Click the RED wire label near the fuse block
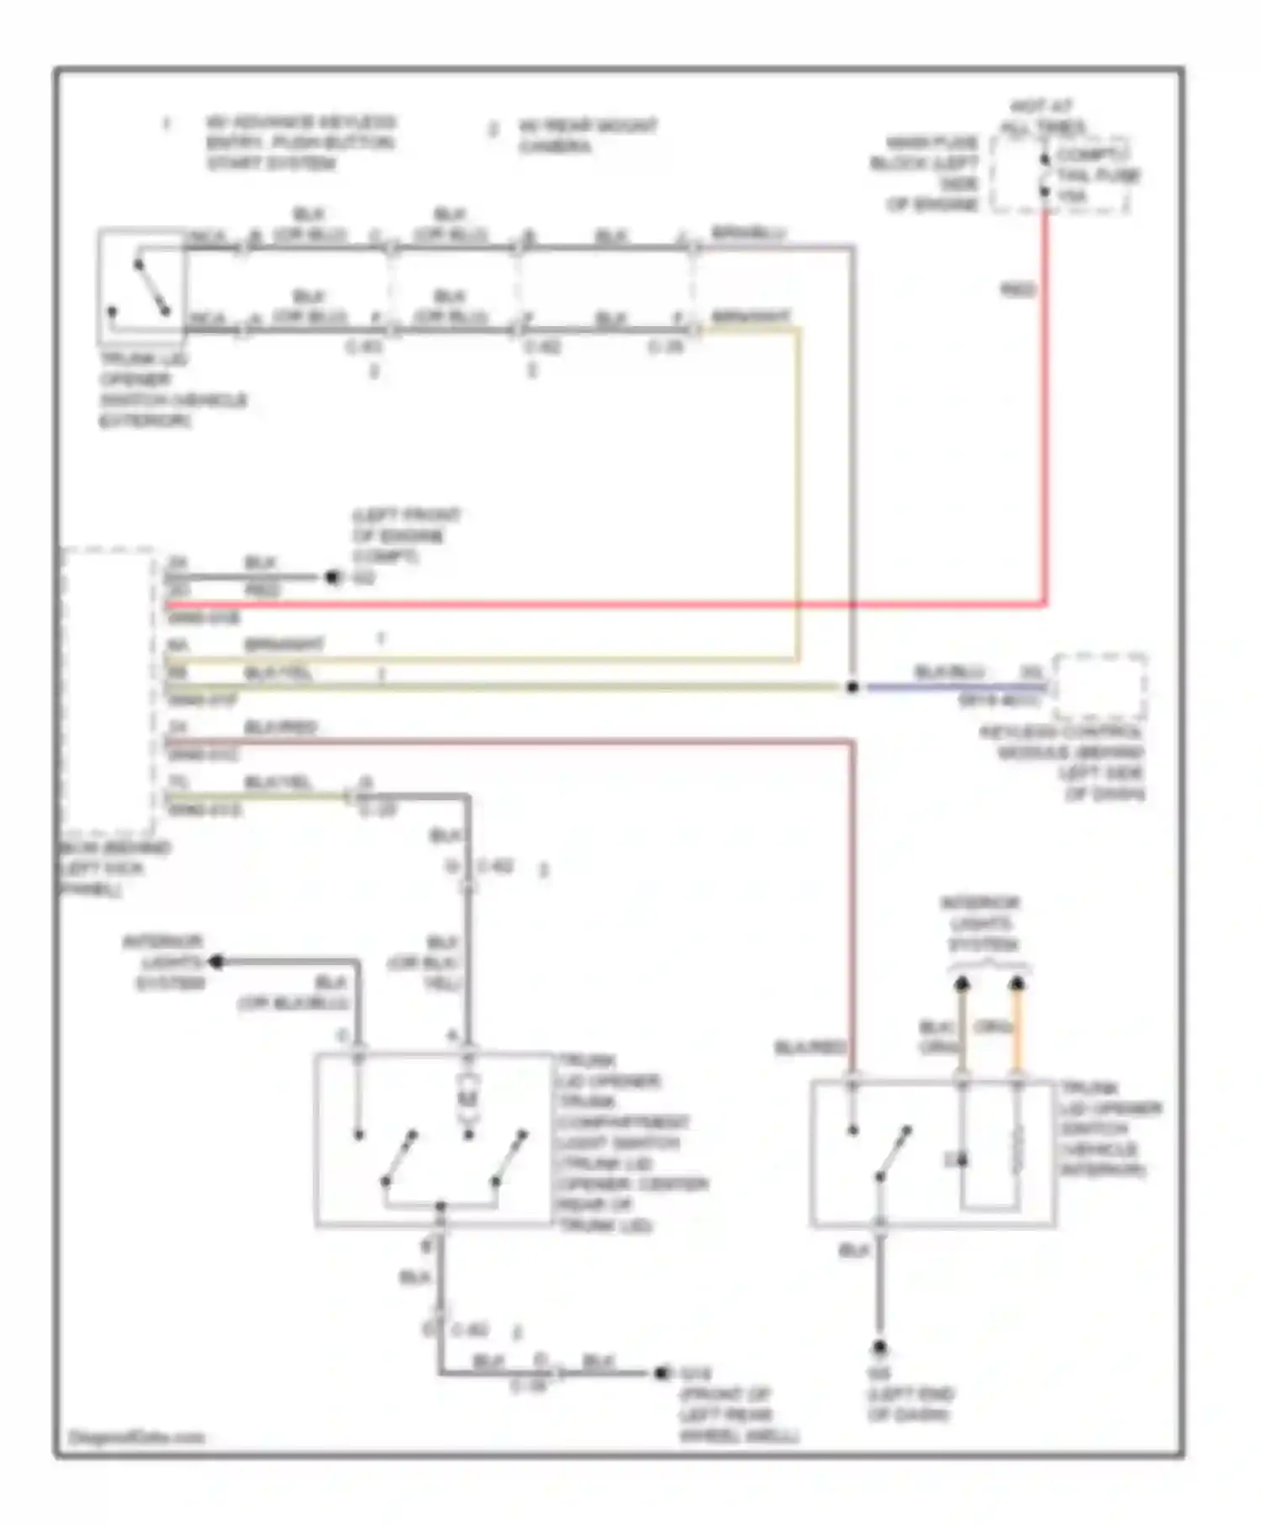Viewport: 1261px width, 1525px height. [x=1016, y=290]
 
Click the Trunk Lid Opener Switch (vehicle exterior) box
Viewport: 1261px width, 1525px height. [x=141, y=286]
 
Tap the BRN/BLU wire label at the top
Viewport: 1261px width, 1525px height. [x=747, y=233]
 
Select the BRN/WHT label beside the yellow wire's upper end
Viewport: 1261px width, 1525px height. [x=750, y=317]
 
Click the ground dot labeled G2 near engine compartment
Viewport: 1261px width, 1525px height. [x=333, y=578]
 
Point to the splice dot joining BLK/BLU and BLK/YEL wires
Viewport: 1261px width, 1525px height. [x=852, y=687]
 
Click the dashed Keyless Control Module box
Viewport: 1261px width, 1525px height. [x=1100, y=685]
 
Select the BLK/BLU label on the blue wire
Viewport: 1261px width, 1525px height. [x=948, y=672]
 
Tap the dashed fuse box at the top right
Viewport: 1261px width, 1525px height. [x=1059, y=175]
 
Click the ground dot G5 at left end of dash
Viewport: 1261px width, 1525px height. [x=879, y=1347]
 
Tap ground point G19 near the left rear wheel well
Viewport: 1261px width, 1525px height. [x=662, y=1373]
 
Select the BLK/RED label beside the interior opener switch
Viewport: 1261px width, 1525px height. [x=809, y=1047]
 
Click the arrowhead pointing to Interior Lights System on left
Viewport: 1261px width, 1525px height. [x=217, y=961]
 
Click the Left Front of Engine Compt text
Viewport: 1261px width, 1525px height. [x=405, y=536]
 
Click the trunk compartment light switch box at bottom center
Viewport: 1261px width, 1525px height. [x=434, y=1139]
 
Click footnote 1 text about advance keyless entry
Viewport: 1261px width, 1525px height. [x=300, y=142]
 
